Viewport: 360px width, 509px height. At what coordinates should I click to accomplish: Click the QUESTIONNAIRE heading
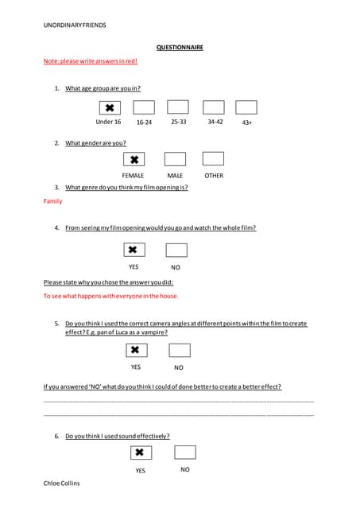pos(180,48)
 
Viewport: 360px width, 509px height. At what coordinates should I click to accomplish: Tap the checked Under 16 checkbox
pos(109,107)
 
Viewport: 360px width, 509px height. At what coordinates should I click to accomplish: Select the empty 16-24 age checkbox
pos(144,107)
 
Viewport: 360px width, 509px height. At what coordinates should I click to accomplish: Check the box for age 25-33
pos(178,107)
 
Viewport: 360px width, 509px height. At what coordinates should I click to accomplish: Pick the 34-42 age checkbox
pos(213,107)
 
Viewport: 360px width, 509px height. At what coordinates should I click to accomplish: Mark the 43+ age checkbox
pos(246,107)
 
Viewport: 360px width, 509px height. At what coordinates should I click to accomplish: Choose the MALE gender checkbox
pos(175,159)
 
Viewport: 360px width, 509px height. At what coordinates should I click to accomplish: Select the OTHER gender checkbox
pos(213,159)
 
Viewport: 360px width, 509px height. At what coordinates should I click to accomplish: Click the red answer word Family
pos(52,201)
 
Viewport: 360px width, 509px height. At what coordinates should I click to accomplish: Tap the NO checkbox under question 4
pos(176,251)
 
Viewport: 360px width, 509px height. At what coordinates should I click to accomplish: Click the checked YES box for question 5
pos(136,350)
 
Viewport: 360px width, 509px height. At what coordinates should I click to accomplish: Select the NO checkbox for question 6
pos(184,453)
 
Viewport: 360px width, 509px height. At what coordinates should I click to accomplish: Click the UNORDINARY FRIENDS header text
pos(75,25)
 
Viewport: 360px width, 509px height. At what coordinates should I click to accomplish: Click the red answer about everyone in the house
pos(110,296)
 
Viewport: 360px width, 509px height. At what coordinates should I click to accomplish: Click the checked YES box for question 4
pos(134,251)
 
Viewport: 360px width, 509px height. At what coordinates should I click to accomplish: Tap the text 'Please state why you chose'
pos(108,282)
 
